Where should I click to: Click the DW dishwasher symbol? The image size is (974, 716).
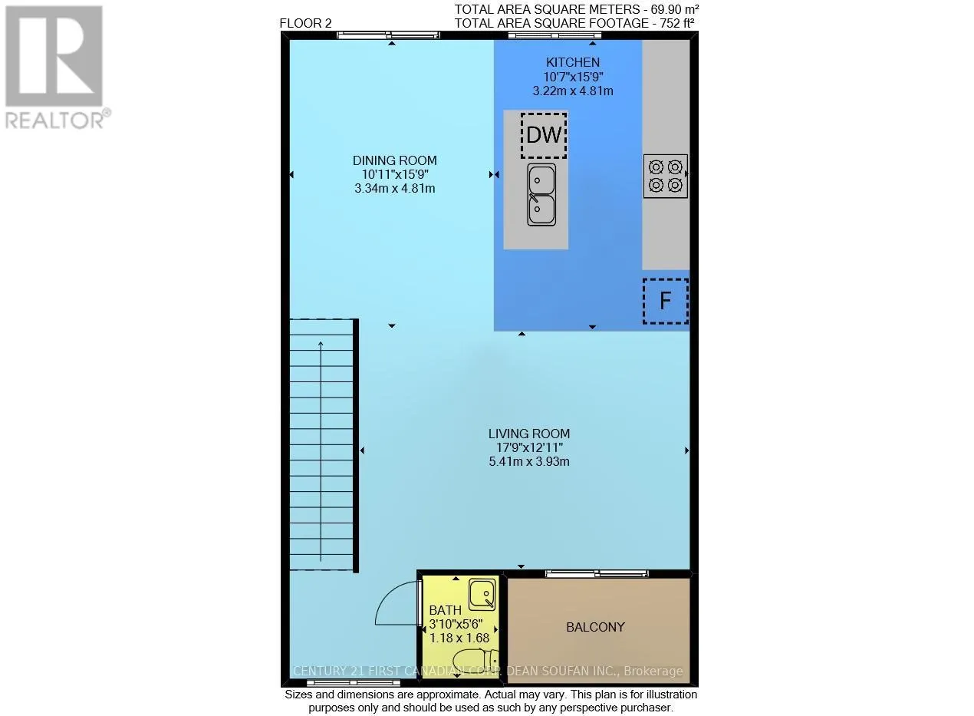click(544, 136)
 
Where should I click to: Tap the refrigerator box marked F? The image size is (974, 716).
click(665, 301)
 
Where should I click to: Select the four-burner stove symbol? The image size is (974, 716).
click(665, 176)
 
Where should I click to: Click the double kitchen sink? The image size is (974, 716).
click(541, 194)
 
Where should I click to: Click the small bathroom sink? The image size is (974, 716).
click(482, 593)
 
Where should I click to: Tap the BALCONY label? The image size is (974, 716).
click(595, 627)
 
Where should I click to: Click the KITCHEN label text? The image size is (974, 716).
click(572, 62)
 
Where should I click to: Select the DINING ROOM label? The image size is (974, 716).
click(394, 160)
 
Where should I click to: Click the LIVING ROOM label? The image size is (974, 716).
click(528, 434)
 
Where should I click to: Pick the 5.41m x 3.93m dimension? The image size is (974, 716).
click(528, 462)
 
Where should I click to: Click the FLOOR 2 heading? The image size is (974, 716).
click(305, 23)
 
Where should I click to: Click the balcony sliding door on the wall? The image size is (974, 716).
click(597, 573)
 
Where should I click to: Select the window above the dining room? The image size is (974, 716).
click(389, 35)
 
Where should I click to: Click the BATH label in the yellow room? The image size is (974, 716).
click(446, 611)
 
